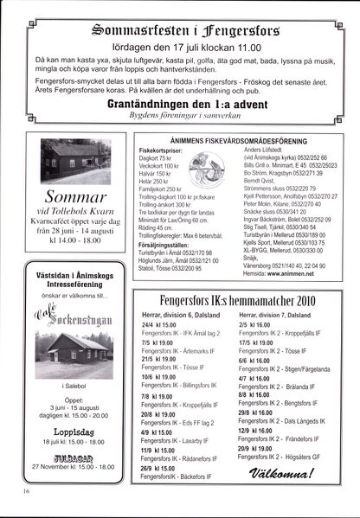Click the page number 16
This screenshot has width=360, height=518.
pos(28,491)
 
